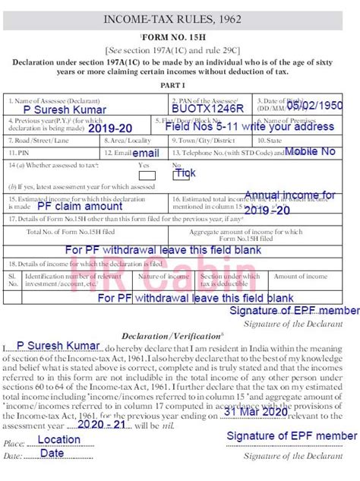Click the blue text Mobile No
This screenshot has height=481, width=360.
309,152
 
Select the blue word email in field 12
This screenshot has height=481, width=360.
146,153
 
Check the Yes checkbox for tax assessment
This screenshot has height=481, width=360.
147,176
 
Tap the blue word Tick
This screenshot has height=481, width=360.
185,173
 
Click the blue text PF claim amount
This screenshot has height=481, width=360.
79,206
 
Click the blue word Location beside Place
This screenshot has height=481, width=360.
58,439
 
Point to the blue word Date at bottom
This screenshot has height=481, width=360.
52,453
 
